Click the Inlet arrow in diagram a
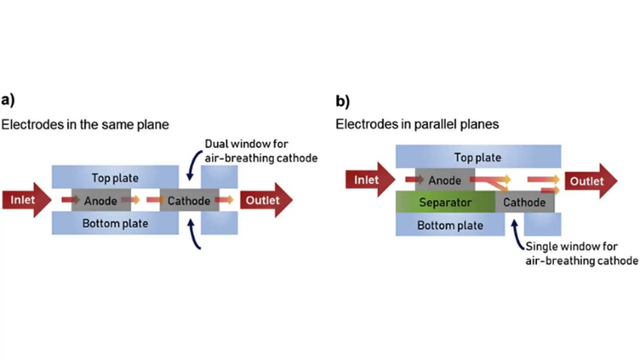(26, 200)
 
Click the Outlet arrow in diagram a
(265, 200)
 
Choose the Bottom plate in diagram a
(116, 223)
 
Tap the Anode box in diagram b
(444, 180)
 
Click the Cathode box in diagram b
(524, 203)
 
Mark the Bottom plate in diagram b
(451, 226)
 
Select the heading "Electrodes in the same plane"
(85, 124)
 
